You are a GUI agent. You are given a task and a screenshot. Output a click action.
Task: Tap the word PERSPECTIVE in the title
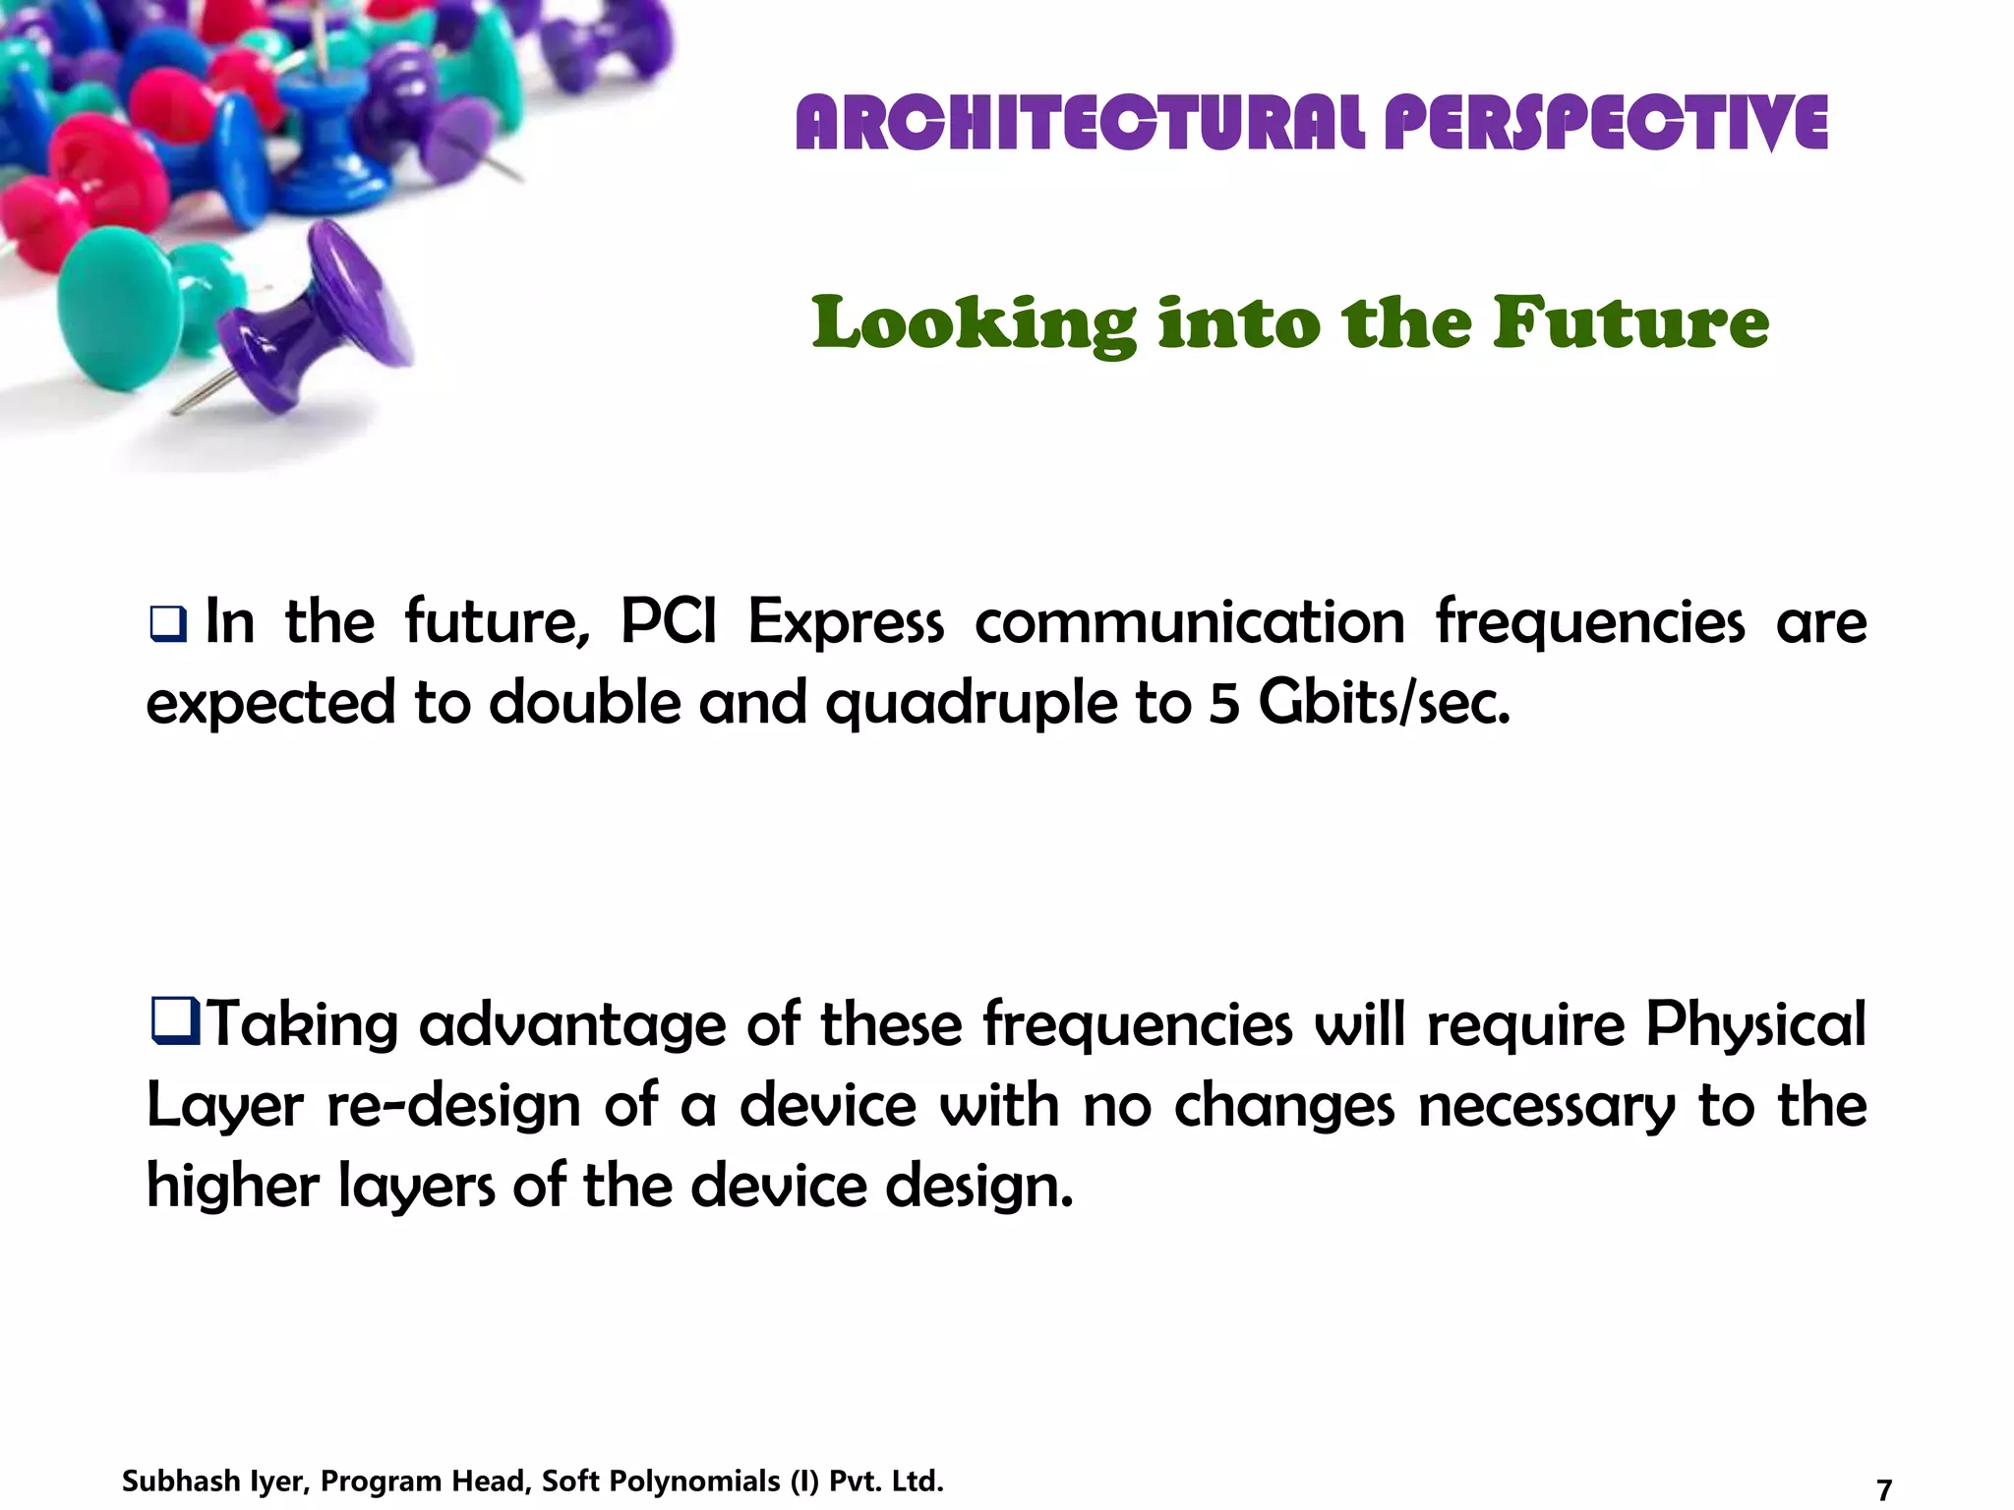click(x=1605, y=124)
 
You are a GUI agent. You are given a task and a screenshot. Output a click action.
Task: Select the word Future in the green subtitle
click(x=1630, y=322)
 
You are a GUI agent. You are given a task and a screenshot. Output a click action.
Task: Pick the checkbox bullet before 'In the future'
click(x=167, y=623)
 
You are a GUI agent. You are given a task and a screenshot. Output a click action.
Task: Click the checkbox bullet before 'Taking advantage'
click(x=175, y=1020)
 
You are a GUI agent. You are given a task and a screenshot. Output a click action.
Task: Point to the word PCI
click(x=669, y=622)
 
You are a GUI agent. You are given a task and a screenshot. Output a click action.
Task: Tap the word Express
click(x=846, y=624)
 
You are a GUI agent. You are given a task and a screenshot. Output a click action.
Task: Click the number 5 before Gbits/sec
click(x=1223, y=704)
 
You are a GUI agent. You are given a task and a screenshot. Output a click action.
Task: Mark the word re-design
click(x=453, y=1106)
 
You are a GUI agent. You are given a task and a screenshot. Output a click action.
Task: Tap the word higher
click(x=233, y=1187)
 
